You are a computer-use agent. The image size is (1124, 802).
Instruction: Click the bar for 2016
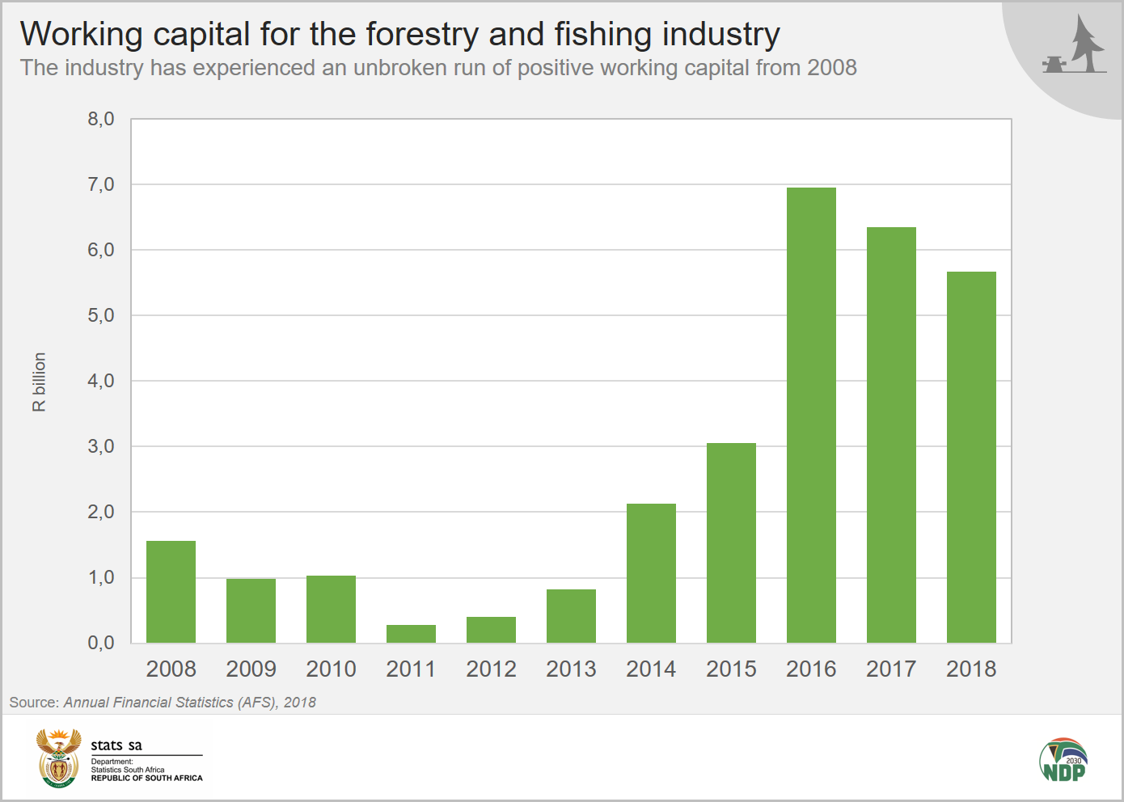click(x=811, y=416)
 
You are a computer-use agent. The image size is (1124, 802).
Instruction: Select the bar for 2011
click(x=411, y=634)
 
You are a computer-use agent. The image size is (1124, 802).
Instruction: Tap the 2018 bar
click(x=971, y=458)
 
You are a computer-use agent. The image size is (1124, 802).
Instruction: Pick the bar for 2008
click(x=171, y=592)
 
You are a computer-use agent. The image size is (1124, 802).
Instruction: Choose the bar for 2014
click(x=651, y=573)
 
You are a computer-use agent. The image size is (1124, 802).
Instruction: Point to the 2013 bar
click(x=571, y=616)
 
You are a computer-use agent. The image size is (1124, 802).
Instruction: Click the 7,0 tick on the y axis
click(x=101, y=185)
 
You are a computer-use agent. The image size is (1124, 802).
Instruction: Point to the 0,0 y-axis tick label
click(x=101, y=644)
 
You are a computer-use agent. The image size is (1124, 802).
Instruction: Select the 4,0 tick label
click(x=101, y=382)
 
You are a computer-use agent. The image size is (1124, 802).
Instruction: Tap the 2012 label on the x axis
click(x=491, y=669)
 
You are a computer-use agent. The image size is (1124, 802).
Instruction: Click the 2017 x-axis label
click(x=891, y=669)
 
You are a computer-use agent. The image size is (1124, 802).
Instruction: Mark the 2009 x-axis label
click(x=251, y=669)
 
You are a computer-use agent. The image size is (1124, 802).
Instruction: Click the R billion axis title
click(x=40, y=382)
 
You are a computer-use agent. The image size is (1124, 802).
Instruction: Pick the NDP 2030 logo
click(x=1063, y=760)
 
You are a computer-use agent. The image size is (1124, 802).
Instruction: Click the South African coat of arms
click(x=59, y=758)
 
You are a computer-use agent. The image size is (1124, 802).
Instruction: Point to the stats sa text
click(x=116, y=745)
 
